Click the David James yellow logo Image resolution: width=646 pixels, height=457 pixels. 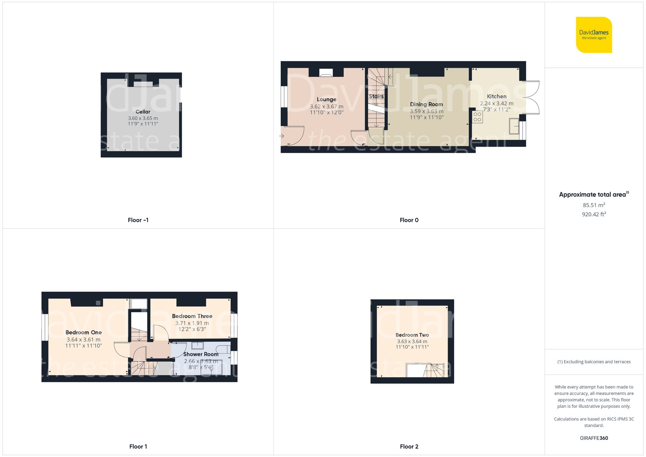(x=594, y=35)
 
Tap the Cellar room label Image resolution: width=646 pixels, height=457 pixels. (x=143, y=112)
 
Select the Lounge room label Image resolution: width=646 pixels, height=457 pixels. (x=326, y=99)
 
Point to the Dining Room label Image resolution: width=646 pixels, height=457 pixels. (x=426, y=104)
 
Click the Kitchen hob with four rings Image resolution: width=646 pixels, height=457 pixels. (x=477, y=117)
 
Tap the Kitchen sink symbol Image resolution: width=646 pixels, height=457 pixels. (x=514, y=126)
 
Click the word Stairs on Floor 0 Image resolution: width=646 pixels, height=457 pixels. (x=376, y=96)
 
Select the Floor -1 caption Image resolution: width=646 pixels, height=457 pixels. (x=138, y=220)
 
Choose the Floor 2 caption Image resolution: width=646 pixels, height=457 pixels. (x=409, y=447)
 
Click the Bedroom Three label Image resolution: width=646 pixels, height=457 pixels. (x=192, y=316)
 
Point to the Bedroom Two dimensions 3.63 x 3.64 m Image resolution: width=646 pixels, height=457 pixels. (x=412, y=341)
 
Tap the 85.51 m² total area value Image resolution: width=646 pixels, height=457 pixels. (x=594, y=205)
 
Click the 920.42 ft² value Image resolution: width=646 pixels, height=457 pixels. (x=594, y=214)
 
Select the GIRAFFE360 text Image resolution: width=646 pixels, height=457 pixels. (x=594, y=438)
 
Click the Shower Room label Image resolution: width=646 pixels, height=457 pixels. (x=201, y=354)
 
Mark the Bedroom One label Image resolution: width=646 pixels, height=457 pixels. (x=83, y=332)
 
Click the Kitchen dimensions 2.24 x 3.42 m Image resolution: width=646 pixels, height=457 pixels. (x=496, y=103)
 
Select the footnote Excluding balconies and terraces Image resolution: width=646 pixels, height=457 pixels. (x=594, y=362)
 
